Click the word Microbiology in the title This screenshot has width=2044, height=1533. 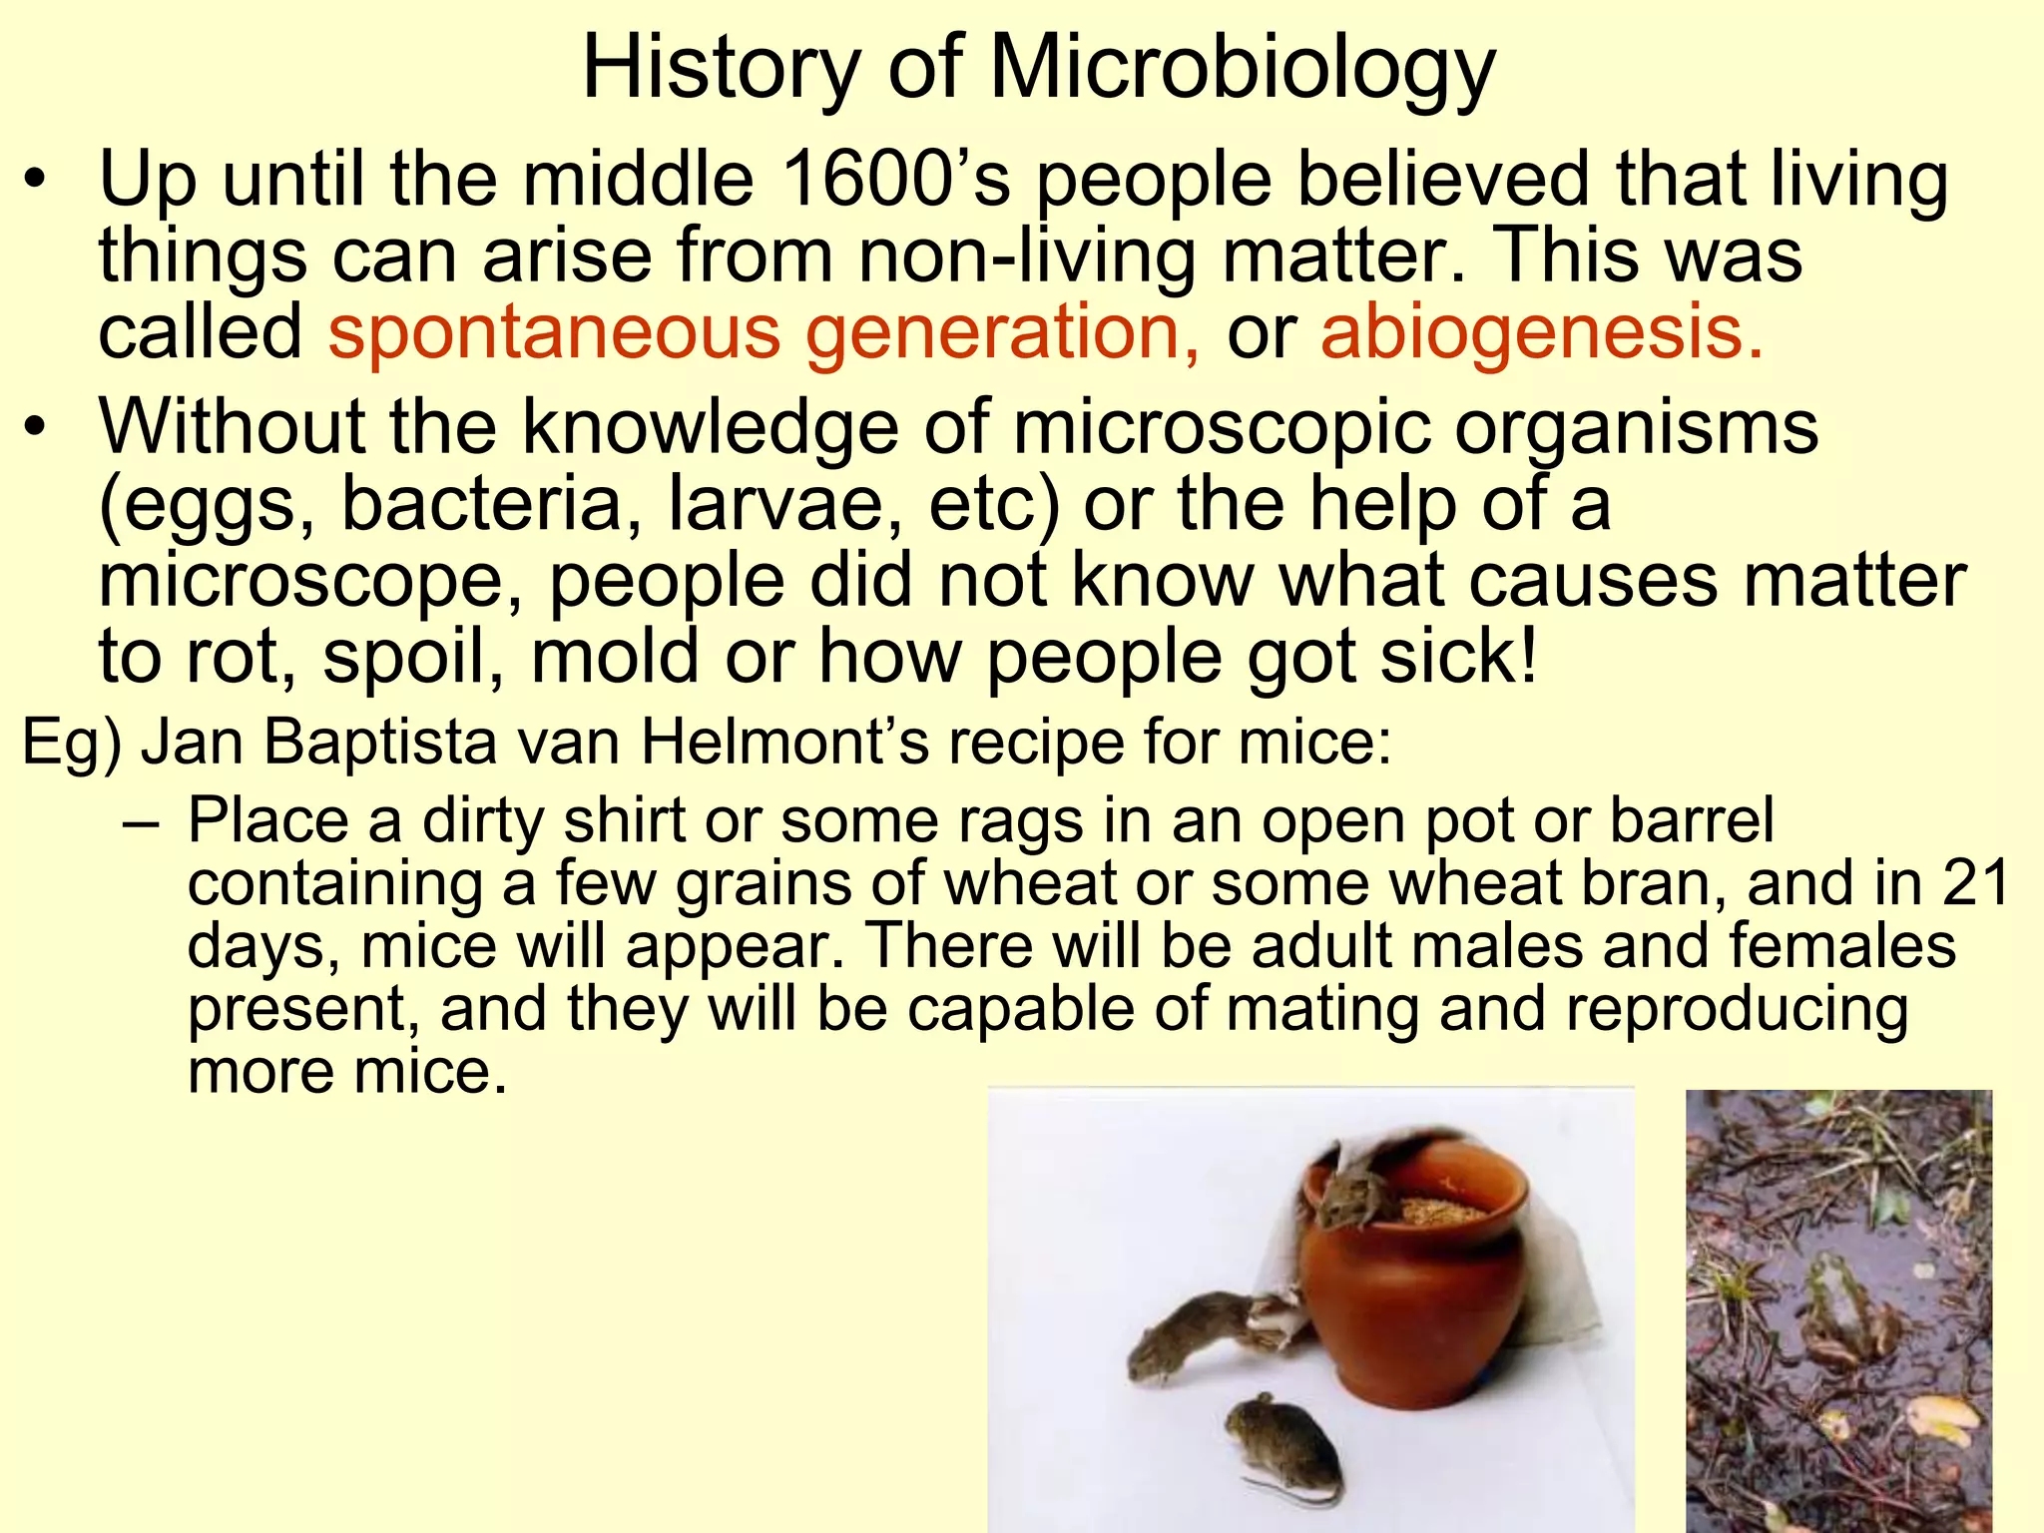(1242, 70)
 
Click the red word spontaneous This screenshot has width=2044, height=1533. (554, 333)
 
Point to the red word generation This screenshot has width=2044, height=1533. (1003, 333)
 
